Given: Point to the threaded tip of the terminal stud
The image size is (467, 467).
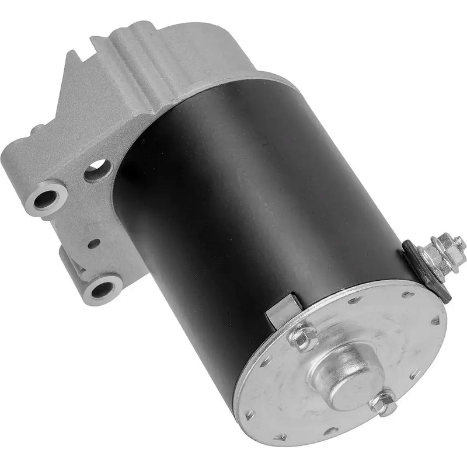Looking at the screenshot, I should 459,240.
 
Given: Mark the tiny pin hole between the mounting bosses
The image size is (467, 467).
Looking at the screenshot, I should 92,243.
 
